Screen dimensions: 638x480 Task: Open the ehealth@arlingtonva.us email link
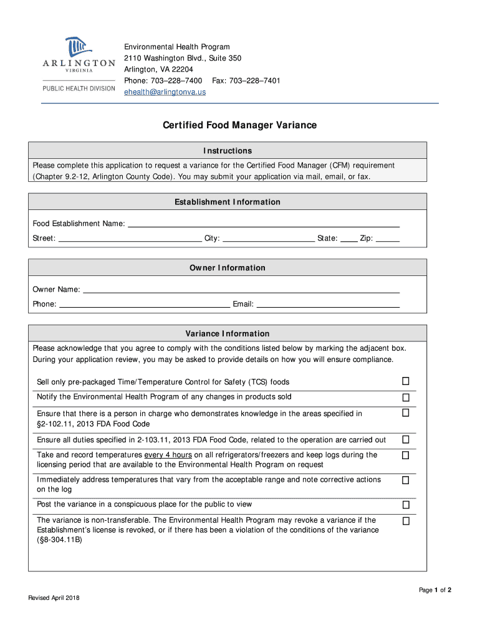click(x=165, y=92)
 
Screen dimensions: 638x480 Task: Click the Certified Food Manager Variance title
click(x=239, y=125)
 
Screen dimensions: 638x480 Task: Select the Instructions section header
click(x=228, y=151)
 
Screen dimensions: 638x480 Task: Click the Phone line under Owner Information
click(x=144, y=305)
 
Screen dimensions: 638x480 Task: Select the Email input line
click(x=328, y=305)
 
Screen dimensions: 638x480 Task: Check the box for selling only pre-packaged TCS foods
click(x=405, y=381)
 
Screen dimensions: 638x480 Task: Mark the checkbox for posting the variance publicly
click(x=405, y=505)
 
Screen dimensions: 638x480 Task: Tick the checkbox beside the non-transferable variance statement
click(x=405, y=520)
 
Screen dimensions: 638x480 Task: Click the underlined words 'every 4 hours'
click(x=168, y=455)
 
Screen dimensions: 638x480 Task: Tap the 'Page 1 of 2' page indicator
click(x=435, y=590)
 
